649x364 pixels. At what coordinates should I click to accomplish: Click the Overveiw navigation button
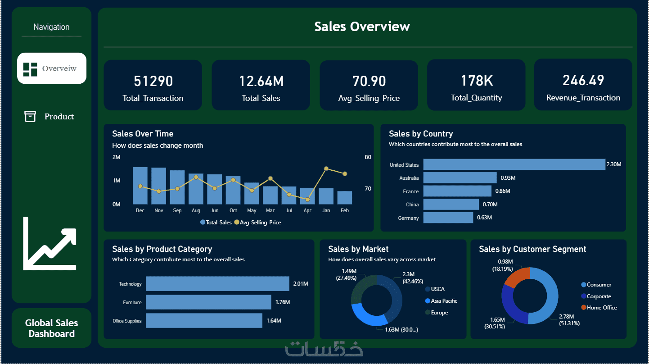coord(51,68)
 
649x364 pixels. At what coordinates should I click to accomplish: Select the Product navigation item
coord(50,117)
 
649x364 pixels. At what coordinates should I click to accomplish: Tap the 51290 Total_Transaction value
coord(153,81)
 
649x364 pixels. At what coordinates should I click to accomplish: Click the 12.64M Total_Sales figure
coord(261,81)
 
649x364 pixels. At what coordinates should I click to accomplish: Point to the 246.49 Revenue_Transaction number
coord(583,80)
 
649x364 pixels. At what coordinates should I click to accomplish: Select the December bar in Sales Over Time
coord(140,186)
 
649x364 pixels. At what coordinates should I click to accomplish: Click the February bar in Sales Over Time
coord(345,198)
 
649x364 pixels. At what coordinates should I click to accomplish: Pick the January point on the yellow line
coord(326,168)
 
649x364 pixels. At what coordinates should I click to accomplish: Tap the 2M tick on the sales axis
coord(116,157)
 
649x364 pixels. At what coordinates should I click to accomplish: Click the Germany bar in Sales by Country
coord(448,218)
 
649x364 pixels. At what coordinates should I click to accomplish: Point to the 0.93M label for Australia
coord(508,178)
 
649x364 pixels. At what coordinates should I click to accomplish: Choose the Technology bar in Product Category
coord(217,284)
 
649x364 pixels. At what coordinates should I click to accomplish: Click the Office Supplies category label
coord(127,321)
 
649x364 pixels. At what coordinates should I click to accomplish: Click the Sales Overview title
coord(362,27)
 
